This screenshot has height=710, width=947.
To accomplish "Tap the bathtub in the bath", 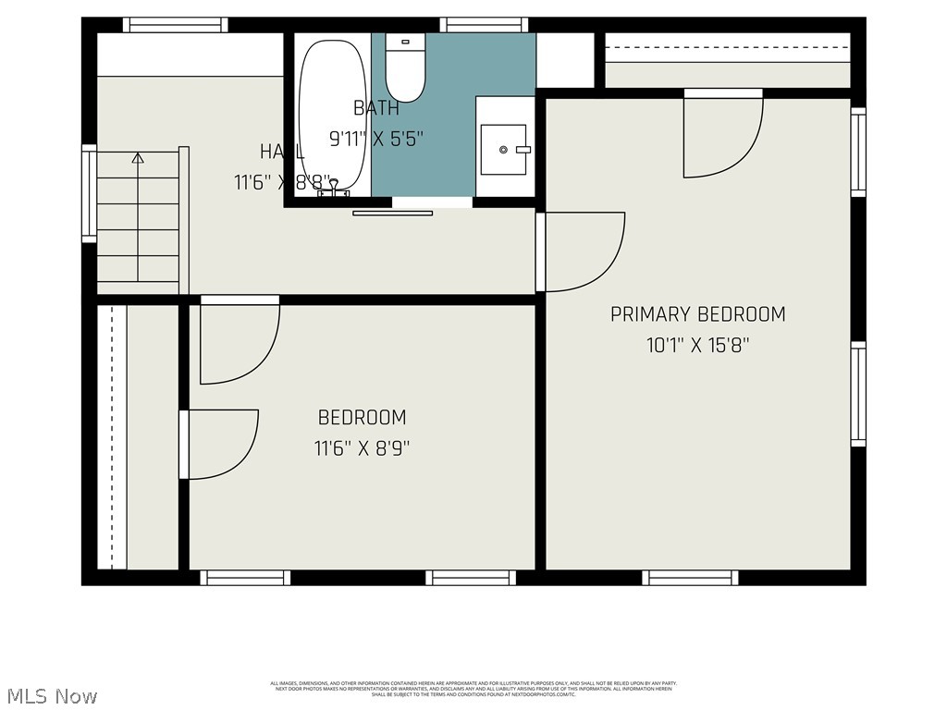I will [333, 111].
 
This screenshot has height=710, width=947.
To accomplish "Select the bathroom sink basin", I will [504, 149].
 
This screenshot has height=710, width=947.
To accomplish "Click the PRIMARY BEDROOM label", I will [697, 314].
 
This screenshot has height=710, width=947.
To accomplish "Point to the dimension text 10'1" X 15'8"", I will [697, 346].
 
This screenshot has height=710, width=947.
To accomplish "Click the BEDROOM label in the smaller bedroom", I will [362, 418].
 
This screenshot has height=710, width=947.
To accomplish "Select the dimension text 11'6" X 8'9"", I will [362, 449].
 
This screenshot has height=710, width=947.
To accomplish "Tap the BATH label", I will [376, 108].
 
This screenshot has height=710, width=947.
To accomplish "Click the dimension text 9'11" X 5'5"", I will [376, 140].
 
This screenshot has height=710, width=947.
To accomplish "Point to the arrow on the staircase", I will [138, 158].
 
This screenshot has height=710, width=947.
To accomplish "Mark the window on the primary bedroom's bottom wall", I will [690, 578].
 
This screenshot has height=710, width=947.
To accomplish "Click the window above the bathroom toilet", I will [484, 25].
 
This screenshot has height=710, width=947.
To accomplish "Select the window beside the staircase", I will [89, 193].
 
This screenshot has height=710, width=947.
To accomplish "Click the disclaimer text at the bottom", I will [473, 689].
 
